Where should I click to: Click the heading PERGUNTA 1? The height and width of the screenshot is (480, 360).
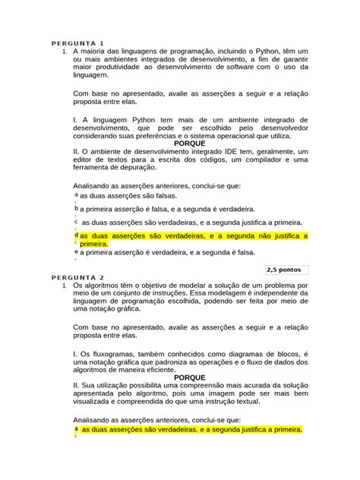click(x=77, y=43)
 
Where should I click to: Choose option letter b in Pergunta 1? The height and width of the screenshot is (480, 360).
click(x=76, y=207)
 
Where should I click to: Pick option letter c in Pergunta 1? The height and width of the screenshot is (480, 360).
click(x=76, y=221)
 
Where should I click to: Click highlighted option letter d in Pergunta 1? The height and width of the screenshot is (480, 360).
click(x=76, y=235)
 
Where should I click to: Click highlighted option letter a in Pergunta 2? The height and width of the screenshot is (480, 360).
click(x=76, y=429)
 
